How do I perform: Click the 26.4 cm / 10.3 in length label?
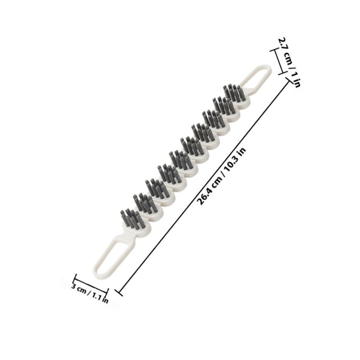tap(221, 176)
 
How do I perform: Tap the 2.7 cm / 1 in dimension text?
tap(289, 62)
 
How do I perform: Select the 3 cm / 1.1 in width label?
tap(90, 294)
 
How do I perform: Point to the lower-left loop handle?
tap(111, 254)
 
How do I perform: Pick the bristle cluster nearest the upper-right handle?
tap(233, 93)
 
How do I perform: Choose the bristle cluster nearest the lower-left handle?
tap(133, 218)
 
